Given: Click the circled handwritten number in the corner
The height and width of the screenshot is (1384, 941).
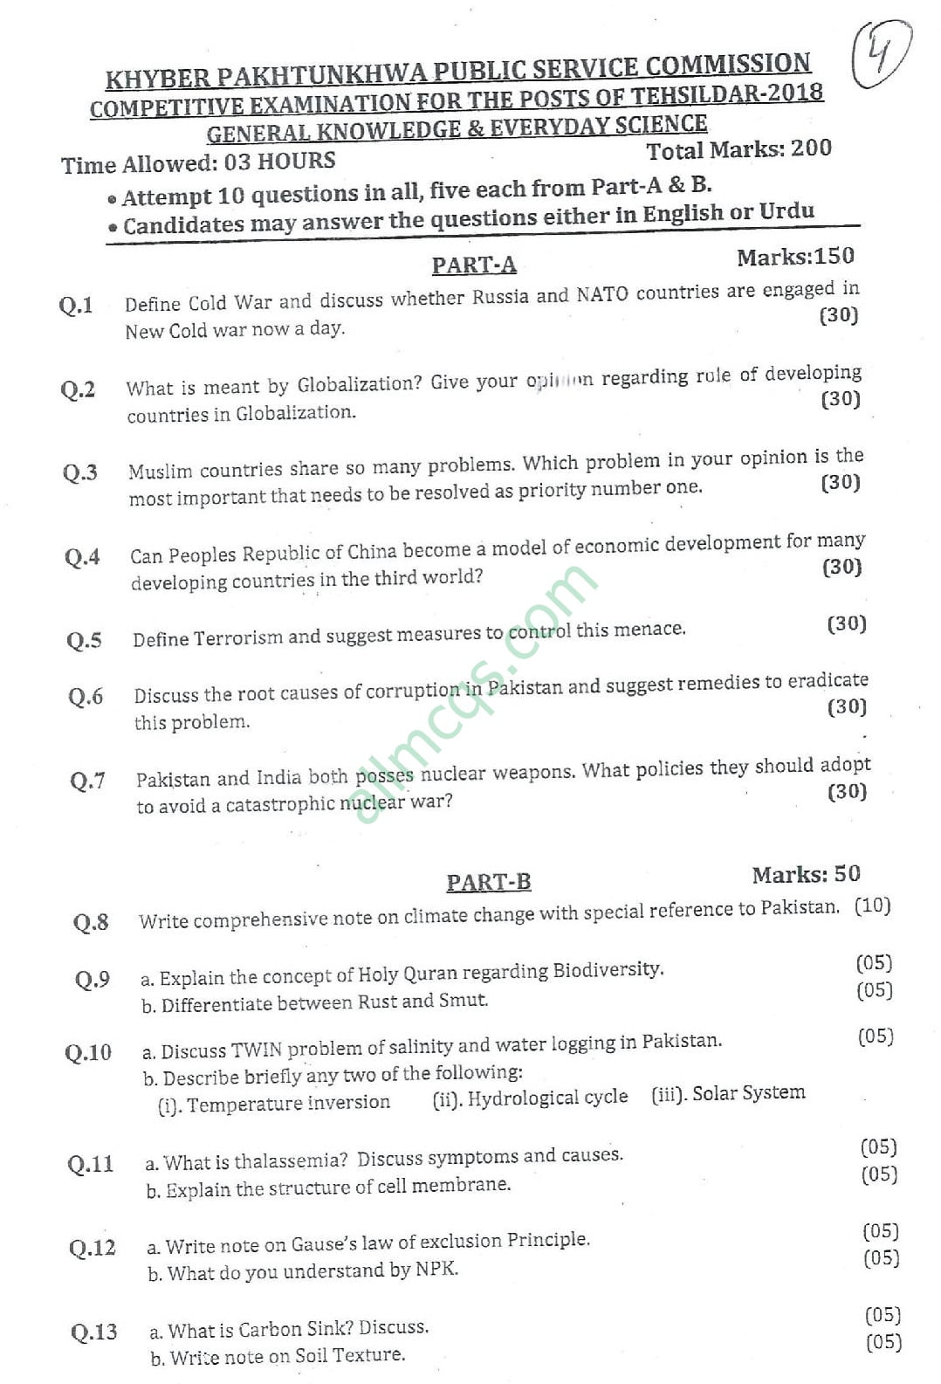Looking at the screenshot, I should pyautogui.click(x=880, y=54).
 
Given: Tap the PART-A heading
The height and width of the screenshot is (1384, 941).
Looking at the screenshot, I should pyautogui.click(x=474, y=265).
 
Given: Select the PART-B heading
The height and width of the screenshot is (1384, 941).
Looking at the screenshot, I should pyautogui.click(x=488, y=882).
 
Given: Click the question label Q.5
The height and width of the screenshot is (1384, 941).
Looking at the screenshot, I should pyautogui.click(x=84, y=640).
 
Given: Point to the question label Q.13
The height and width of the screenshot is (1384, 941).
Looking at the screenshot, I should pyautogui.click(x=93, y=1332).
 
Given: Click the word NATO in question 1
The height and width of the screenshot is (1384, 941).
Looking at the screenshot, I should pyautogui.click(x=601, y=294).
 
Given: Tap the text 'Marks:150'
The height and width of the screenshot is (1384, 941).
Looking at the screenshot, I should pyautogui.click(x=795, y=257).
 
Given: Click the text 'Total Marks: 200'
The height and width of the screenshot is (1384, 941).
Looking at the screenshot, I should pyautogui.click(x=738, y=150).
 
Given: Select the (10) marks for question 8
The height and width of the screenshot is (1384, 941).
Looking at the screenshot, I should pyautogui.click(x=872, y=905).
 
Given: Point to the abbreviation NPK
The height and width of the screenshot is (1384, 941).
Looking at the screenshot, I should pyautogui.click(x=436, y=1269).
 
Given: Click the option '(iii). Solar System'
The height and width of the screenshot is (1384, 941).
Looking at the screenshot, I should pyautogui.click(x=728, y=1093).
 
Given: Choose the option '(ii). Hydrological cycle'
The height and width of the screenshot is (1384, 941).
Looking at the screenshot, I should pyautogui.click(x=530, y=1098).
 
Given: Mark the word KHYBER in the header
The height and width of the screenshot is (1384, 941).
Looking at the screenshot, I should pyautogui.click(x=156, y=79).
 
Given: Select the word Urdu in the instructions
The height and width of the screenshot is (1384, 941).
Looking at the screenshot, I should pyautogui.click(x=786, y=211).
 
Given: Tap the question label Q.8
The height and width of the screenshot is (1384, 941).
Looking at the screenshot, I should pyautogui.click(x=91, y=922).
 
